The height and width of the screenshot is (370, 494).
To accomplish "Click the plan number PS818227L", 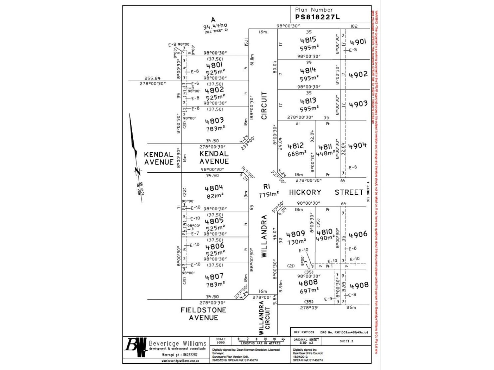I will (317, 17).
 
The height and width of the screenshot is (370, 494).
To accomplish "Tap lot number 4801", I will (214, 65).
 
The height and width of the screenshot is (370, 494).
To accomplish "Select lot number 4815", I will (308, 40).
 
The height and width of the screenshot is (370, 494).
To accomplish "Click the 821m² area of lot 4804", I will (215, 196).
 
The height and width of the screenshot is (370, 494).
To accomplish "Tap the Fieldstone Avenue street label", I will (203, 314).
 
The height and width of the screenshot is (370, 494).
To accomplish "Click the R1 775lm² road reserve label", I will (268, 191).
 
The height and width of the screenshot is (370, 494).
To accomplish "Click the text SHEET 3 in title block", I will (346, 341).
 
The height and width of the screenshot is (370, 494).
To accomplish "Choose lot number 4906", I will (358, 235).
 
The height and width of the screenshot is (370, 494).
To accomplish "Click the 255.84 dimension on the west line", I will (153, 79).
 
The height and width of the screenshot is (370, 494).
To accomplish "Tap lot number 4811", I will (325, 147).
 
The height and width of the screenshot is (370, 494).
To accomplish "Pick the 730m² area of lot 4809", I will (296, 242).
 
